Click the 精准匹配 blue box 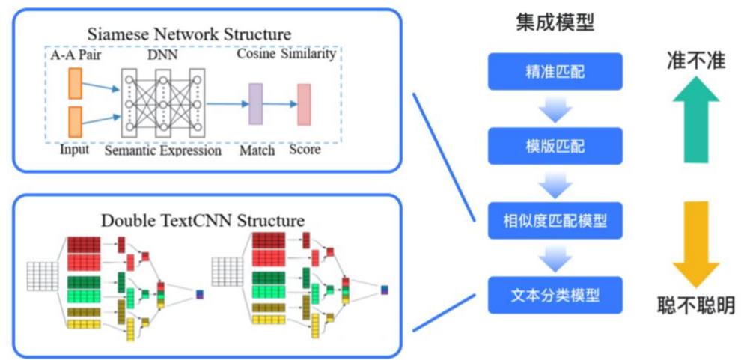coord(555,71)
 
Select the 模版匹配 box coord(555,145)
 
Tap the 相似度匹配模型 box coord(555,220)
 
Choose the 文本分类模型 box coord(555,294)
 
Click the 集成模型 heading coord(555,23)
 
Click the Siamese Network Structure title coord(189,34)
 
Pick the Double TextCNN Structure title coord(202,220)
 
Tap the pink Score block coord(304,104)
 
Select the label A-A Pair coord(76,55)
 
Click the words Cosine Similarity coord(286,55)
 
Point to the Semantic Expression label coord(162,150)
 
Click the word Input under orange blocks coord(74,150)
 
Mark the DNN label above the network coord(162,55)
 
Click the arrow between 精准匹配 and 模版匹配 coord(555,109)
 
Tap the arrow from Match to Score coord(280,104)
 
